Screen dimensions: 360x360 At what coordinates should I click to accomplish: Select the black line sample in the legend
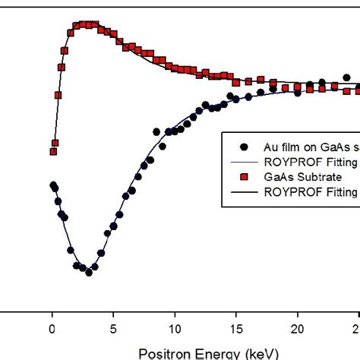[243, 191]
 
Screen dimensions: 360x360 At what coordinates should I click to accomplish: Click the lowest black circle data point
[89, 272]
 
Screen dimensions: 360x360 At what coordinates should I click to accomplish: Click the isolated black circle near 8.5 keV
[156, 132]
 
